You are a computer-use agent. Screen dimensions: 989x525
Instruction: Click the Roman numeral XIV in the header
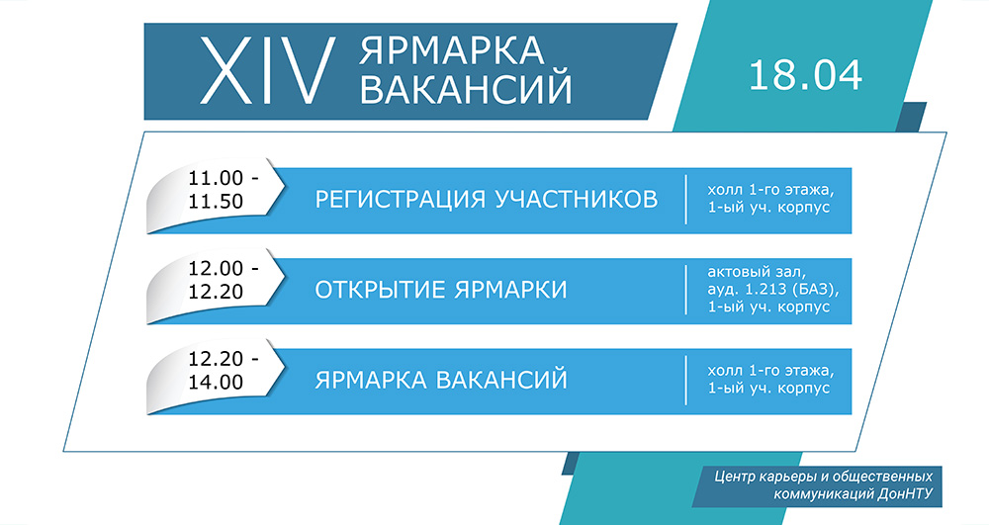267,70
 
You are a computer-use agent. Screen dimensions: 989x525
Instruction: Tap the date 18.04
805,75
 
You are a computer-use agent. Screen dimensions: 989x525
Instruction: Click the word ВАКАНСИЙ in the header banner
466,88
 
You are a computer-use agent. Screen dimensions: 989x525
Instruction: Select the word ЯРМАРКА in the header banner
452,50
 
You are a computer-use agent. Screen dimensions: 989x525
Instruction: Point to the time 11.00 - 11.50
224,190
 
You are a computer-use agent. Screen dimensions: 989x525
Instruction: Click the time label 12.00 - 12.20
224,280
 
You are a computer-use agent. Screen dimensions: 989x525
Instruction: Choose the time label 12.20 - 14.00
224,370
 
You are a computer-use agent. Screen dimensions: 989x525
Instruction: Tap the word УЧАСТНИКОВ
576,199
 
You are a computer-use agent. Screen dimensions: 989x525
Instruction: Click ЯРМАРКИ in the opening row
510,290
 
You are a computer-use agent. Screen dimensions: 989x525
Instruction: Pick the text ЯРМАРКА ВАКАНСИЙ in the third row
441,380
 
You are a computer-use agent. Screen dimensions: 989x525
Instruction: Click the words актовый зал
757,272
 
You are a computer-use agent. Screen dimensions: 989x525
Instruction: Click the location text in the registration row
770,199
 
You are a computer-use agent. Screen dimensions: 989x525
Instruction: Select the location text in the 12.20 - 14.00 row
770,380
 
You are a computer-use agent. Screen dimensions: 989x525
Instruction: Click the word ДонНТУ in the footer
905,493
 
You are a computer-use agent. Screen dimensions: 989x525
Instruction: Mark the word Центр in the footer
732,476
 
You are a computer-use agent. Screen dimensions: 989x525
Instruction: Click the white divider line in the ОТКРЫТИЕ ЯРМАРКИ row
686,290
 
